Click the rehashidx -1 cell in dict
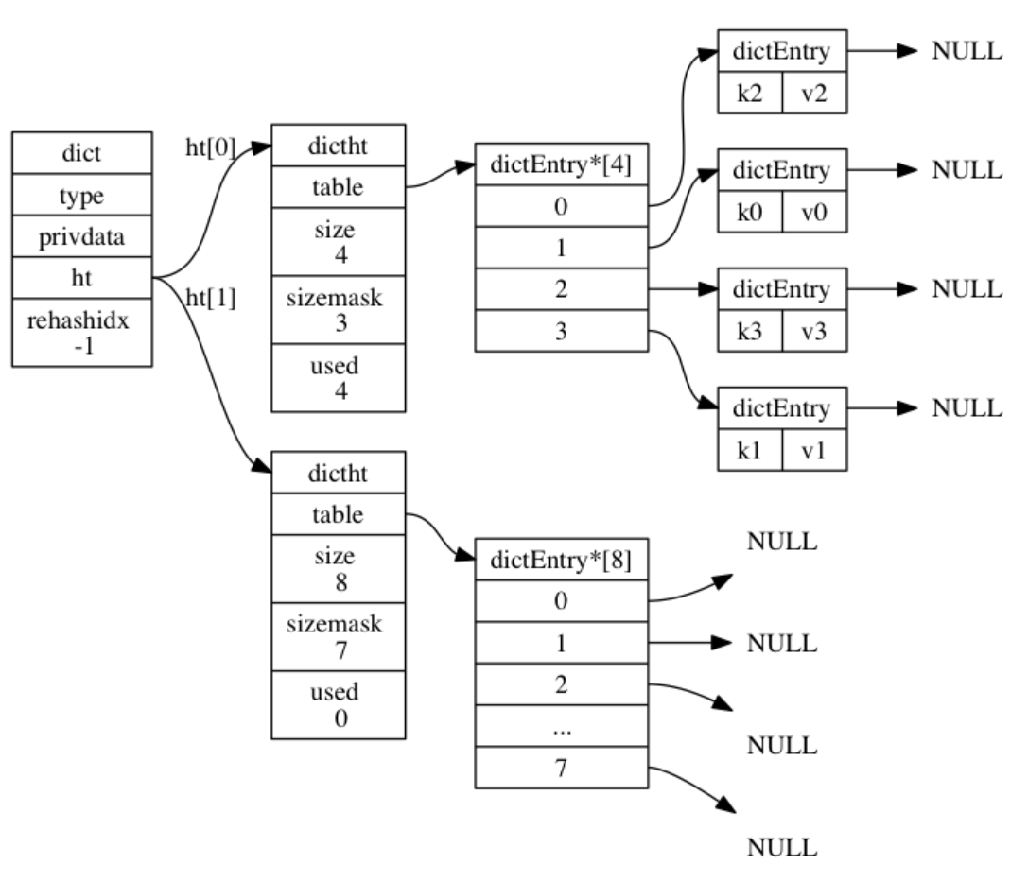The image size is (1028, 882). coord(81,333)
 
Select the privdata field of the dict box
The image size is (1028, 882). coord(81,237)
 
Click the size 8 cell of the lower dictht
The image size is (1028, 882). coord(339,568)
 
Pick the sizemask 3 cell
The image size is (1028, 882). coord(339,309)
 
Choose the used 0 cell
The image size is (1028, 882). coord(339,704)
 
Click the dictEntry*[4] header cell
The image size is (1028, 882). coord(561,164)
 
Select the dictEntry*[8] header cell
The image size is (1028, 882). coord(561,561)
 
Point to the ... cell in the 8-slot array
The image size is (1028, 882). coord(561,727)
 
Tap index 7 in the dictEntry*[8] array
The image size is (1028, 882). coord(561,768)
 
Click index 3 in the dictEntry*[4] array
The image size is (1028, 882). coord(561,332)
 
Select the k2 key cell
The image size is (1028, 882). coord(750,95)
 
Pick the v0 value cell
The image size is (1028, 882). coord(814,213)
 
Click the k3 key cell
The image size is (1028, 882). coord(750,332)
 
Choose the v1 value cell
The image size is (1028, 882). coord(814,451)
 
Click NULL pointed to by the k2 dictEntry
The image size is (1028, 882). coord(966,52)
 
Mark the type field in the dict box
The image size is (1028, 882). coord(81,196)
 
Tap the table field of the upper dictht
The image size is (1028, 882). coord(339,187)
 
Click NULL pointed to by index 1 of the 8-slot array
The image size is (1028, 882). coord(781,644)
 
